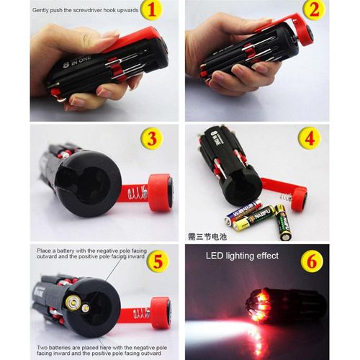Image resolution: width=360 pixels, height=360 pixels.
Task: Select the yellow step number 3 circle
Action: pyautogui.click(x=150, y=138)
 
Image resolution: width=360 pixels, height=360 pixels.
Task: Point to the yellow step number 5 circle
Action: pyautogui.click(x=157, y=261)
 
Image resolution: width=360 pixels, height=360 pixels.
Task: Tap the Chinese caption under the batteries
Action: pyautogui.click(x=207, y=235)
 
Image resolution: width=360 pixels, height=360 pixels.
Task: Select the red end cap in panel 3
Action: pyautogui.click(x=159, y=192)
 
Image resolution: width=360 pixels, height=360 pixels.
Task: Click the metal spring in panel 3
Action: pyautogui.click(x=136, y=194)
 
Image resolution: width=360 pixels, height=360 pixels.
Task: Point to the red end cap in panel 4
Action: pyautogui.click(x=297, y=199)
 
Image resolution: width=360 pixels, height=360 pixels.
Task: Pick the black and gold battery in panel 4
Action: pyautogui.click(x=282, y=222)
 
